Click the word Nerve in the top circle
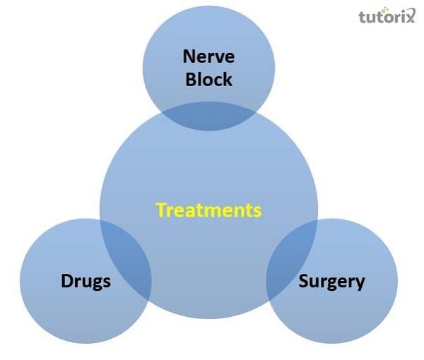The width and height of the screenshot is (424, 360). pos(208,56)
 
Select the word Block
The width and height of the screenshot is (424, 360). pos(208,79)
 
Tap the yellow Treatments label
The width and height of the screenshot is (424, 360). pos(208,210)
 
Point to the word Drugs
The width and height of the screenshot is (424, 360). pos(85,282)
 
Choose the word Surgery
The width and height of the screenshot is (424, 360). pos(331,282)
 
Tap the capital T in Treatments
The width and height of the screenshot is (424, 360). pos(160,210)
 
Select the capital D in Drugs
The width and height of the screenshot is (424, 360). pos(65,282)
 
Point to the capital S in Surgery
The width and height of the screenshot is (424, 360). pos(303,282)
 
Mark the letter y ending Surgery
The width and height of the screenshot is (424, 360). pos(360,284)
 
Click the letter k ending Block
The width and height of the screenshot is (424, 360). pos(228,79)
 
